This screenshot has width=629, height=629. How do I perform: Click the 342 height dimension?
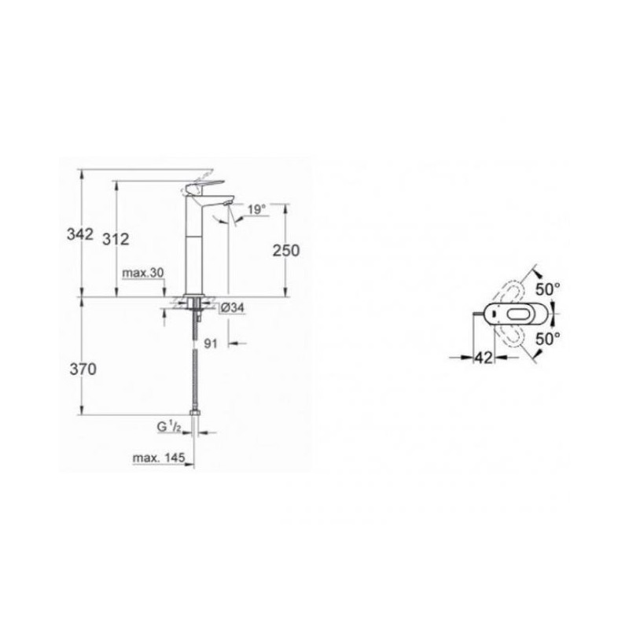(80, 234)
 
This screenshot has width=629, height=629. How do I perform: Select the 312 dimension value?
(116, 240)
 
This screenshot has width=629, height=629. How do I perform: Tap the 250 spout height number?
(286, 250)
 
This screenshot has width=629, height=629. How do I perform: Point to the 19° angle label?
(257, 209)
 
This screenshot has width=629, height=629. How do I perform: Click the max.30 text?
(143, 273)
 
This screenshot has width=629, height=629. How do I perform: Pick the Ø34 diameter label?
(232, 308)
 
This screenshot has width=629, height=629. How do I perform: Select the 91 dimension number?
(211, 344)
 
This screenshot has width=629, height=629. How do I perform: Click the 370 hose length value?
(83, 369)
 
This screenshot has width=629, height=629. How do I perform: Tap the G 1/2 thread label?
(169, 428)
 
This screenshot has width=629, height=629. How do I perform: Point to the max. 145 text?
(159, 458)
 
